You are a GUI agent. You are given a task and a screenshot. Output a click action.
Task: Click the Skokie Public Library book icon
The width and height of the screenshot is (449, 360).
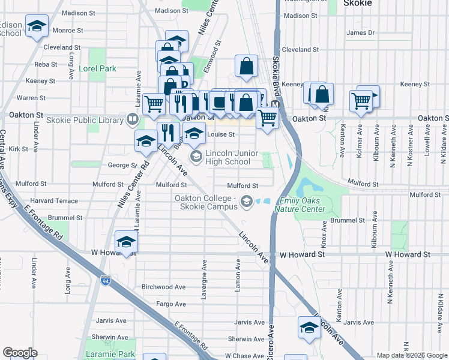point(132,120)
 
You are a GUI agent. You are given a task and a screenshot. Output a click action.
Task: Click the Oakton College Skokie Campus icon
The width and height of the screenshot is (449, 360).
point(246,202)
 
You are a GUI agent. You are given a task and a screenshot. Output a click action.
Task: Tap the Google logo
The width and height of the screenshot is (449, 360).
point(20,353)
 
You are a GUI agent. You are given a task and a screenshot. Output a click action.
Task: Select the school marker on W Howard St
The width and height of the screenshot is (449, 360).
point(127,242)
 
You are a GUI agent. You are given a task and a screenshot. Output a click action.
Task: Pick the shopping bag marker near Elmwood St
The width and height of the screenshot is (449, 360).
point(247,66)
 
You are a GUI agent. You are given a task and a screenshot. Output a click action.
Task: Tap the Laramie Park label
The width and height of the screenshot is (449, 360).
point(111,354)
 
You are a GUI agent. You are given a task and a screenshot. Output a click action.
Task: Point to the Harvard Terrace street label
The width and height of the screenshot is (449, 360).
point(53,200)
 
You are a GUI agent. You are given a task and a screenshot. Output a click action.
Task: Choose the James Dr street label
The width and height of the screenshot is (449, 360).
point(360,32)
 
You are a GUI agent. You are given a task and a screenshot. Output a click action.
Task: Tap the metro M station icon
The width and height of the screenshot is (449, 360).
point(276,104)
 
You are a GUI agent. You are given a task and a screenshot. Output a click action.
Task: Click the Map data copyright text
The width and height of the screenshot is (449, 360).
point(412,355)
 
